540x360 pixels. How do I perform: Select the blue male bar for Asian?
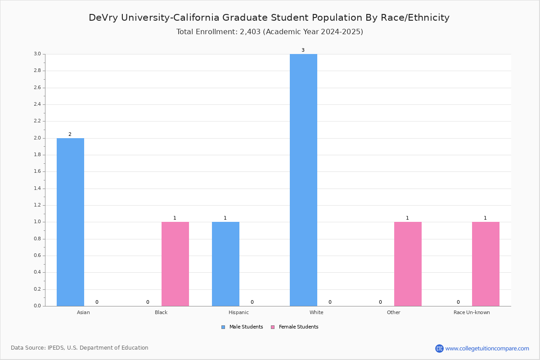click(x=70, y=222)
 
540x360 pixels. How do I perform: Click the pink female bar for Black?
click(x=175, y=264)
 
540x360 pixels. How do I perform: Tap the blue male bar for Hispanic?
click(x=225, y=264)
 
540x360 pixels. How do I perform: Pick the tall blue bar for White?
click(x=303, y=180)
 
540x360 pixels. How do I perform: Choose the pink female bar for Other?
click(x=408, y=264)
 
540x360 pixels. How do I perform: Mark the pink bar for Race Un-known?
click(x=486, y=264)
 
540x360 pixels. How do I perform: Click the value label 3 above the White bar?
click(x=303, y=50)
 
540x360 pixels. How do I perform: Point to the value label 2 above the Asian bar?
click(x=70, y=134)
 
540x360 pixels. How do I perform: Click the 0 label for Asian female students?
click(x=97, y=302)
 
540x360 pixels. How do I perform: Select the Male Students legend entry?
click(x=242, y=327)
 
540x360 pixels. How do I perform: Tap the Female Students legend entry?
click(x=295, y=327)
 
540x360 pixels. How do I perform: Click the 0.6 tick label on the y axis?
click(x=37, y=256)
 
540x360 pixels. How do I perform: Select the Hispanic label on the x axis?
click(x=238, y=312)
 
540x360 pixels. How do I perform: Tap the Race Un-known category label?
click(x=472, y=312)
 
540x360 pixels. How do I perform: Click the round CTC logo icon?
click(x=439, y=348)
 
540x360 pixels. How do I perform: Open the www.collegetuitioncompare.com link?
click(x=487, y=348)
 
